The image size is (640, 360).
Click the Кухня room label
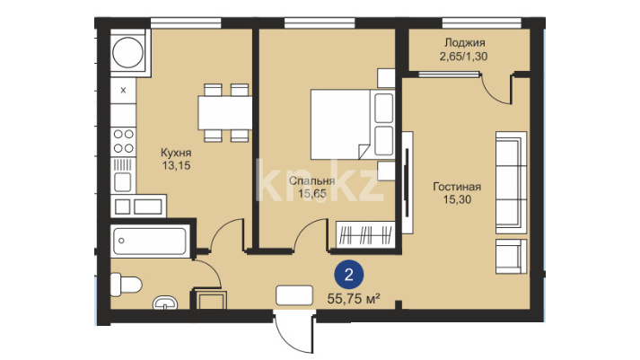pyautogui.click(x=176, y=153)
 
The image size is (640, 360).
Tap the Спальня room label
pyautogui.click(x=311, y=180)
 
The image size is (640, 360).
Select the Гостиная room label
pyautogui.click(x=457, y=187)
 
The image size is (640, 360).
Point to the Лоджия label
pyautogui.click(x=464, y=42)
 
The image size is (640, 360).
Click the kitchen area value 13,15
pyautogui.click(x=176, y=166)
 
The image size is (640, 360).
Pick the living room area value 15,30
pyautogui.click(x=457, y=199)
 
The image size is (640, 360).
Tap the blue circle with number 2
pyautogui.click(x=348, y=275)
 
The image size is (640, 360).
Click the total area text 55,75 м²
pyautogui.click(x=354, y=299)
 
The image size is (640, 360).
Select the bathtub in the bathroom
pyautogui.click(x=150, y=241)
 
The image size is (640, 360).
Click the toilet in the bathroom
pyautogui.click(x=126, y=284)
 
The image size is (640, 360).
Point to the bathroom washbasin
pyautogui.click(x=165, y=303)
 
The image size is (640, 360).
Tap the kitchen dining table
pyautogui.click(x=225, y=112)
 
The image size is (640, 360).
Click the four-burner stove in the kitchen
pyautogui.click(x=123, y=141)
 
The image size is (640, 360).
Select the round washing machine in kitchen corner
pyautogui.click(x=127, y=53)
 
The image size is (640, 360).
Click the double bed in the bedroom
pyautogui.click(x=353, y=124)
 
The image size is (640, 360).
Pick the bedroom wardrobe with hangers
pyautogui.click(x=365, y=234)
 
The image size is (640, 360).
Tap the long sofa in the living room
pyautogui.click(x=511, y=182)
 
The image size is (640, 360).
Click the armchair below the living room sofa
pyautogui.click(x=511, y=257)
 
